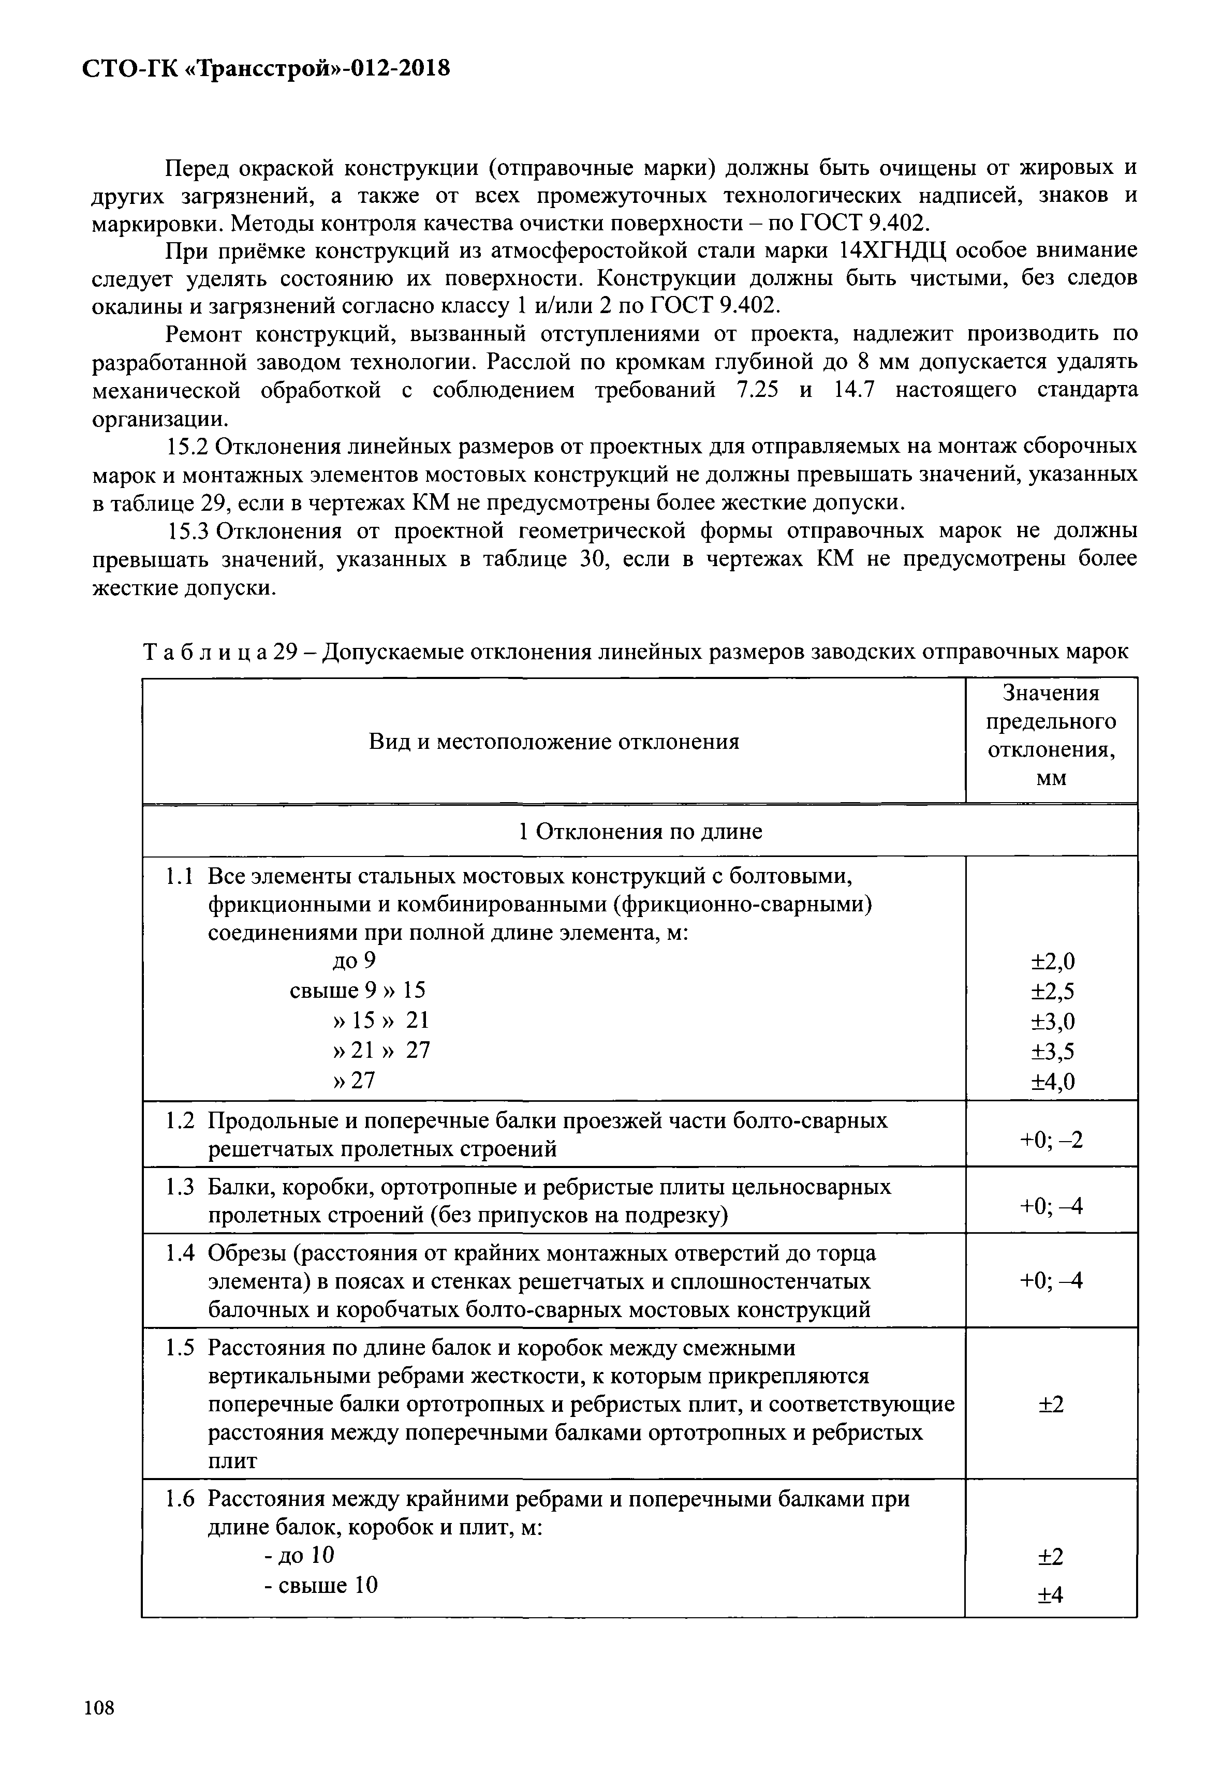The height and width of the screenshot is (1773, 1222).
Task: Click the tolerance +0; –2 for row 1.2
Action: tap(1051, 1140)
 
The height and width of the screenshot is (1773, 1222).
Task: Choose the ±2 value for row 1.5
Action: tap(1051, 1404)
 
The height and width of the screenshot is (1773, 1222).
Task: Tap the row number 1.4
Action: tap(181, 1254)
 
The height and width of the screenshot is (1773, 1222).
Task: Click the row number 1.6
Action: tap(181, 1499)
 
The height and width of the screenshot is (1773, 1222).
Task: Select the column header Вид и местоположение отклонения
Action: tap(554, 741)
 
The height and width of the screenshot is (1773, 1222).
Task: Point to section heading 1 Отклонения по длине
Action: tap(640, 831)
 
